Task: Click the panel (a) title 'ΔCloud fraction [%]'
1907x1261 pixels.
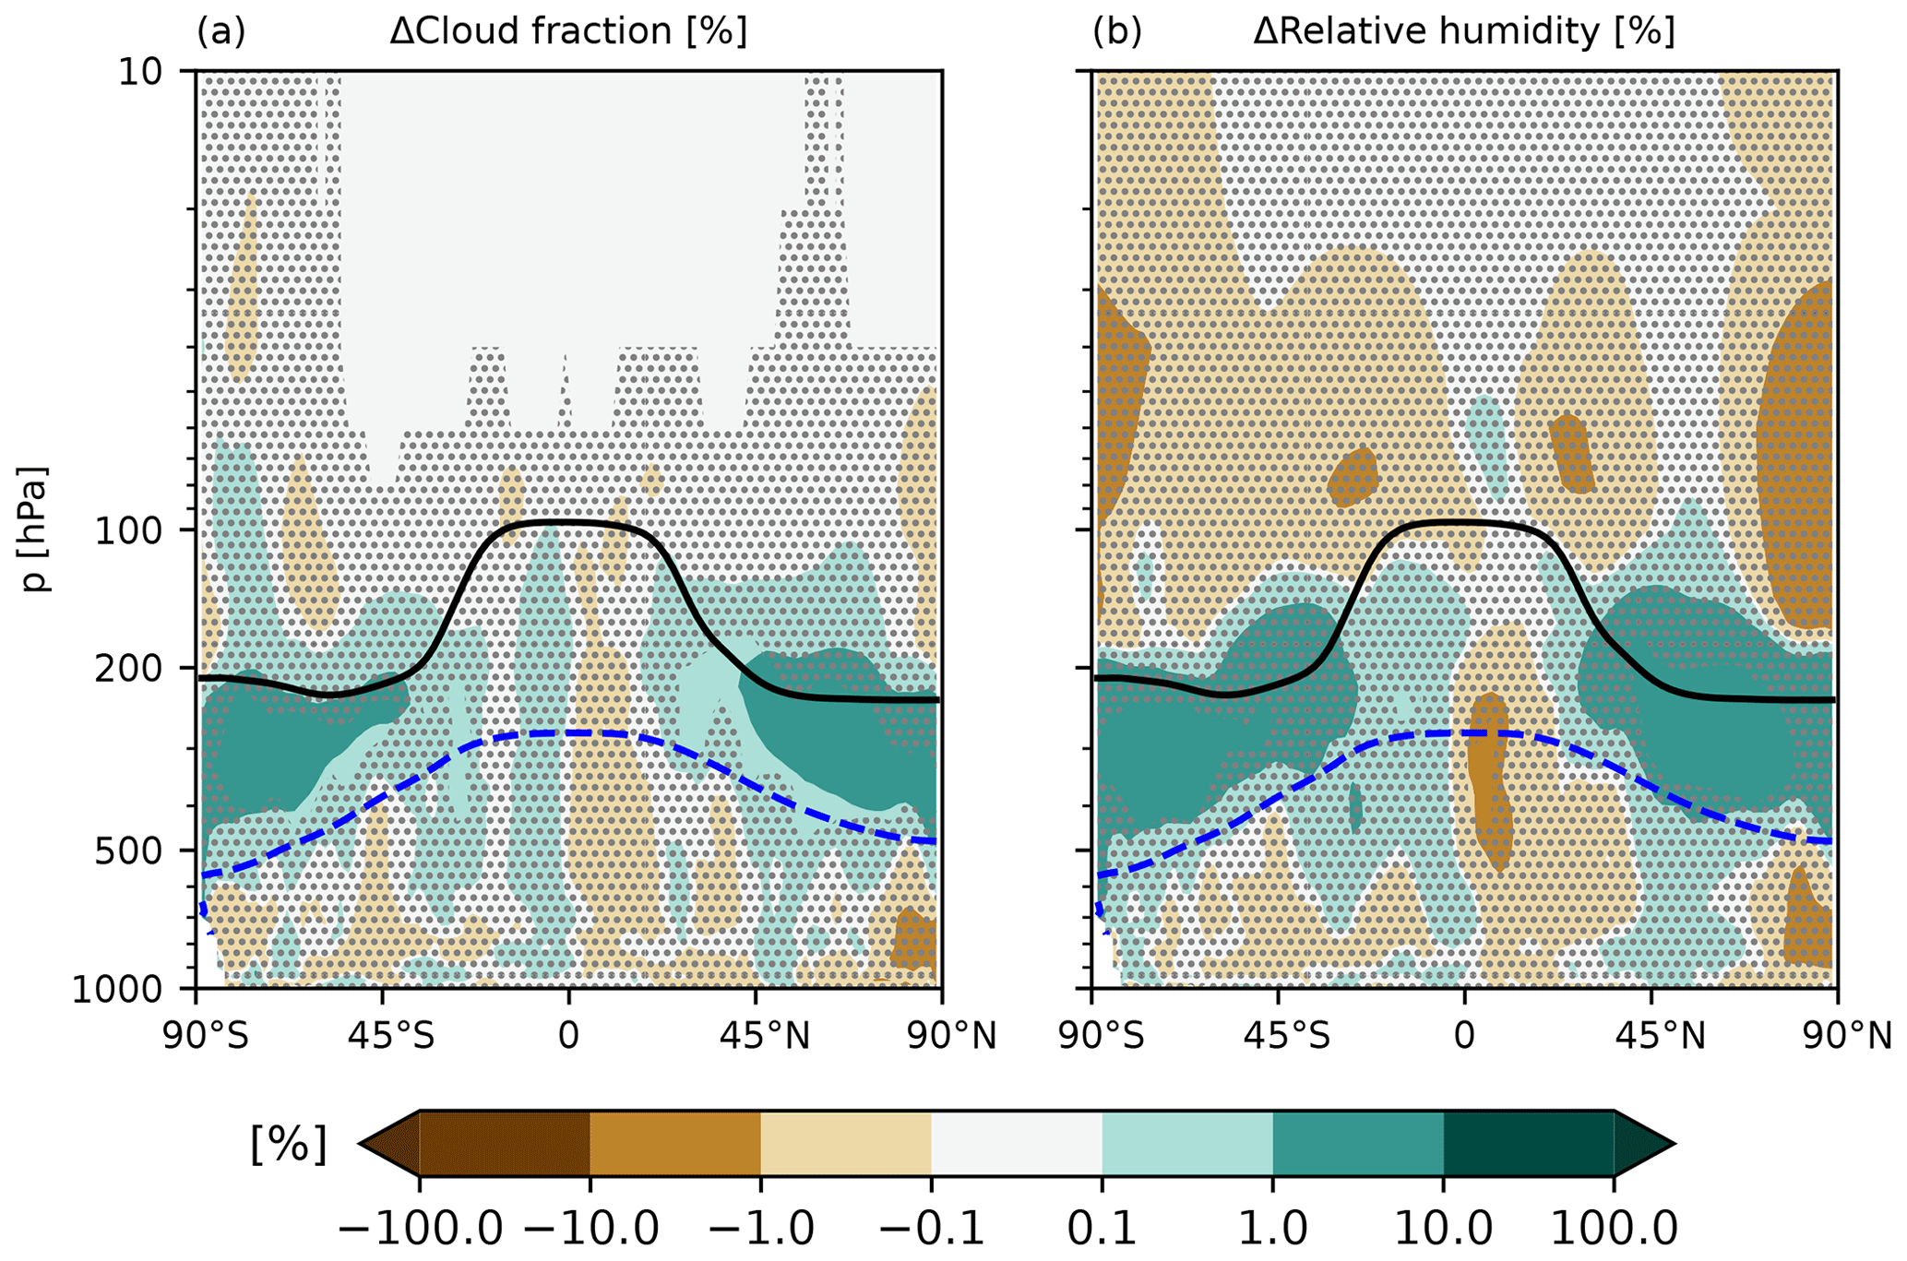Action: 567,32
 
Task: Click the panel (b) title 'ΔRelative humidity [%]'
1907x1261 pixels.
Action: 1463,32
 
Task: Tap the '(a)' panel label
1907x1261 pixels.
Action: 221,32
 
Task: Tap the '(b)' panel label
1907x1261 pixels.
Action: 1117,32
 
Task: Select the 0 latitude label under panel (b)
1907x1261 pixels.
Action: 1464,1037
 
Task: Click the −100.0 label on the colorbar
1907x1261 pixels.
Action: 420,1228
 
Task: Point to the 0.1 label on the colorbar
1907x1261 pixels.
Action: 1102,1228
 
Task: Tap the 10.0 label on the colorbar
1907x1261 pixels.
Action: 1443,1228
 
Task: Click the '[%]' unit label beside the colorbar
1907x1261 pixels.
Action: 289,1145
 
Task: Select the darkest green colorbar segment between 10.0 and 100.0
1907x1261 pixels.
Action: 1528,1144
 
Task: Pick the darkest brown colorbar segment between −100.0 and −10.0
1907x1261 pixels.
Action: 505,1144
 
